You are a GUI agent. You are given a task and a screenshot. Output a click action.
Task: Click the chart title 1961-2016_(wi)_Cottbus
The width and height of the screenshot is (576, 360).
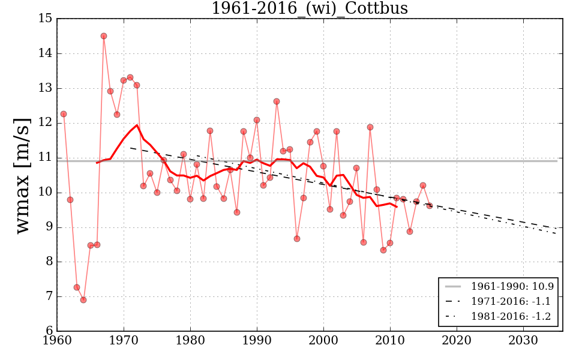coord(310,8)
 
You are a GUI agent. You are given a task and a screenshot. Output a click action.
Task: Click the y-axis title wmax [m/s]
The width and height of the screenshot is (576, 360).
coord(22,175)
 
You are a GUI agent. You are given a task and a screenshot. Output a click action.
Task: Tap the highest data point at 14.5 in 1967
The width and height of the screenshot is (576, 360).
coord(104,36)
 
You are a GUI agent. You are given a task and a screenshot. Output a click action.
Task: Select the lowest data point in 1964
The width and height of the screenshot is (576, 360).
coord(83,300)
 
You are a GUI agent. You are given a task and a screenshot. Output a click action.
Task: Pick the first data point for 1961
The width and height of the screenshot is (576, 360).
coord(64,114)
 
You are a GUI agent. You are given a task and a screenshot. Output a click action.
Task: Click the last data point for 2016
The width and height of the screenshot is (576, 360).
coord(430,206)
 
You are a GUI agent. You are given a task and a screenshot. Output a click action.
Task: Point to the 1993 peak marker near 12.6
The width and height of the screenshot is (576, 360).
coord(277,101)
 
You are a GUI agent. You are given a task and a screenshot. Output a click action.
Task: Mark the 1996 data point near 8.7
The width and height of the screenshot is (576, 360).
coord(297,239)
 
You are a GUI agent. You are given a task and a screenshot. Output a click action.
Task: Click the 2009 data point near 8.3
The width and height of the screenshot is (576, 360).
coord(383,250)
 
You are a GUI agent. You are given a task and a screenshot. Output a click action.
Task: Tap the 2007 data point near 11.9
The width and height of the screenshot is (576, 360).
coord(370,127)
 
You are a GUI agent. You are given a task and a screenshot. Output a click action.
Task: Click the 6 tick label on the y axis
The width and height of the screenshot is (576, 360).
coord(48,331)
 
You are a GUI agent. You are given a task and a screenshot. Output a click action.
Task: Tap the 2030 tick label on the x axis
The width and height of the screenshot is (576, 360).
coord(523,341)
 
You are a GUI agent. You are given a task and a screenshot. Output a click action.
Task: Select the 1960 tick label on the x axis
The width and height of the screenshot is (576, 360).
coord(58,341)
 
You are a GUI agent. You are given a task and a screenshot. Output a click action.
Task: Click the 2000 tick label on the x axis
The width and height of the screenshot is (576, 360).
coord(324,341)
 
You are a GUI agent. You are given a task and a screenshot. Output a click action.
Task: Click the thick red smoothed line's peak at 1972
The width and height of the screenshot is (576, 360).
coord(137,125)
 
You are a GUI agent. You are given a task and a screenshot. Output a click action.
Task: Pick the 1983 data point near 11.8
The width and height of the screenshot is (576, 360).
coord(210,131)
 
